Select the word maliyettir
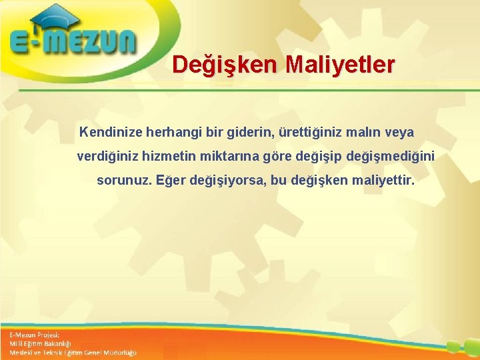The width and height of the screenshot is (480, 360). tap(378, 180)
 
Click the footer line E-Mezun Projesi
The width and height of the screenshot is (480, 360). tap(35, 334)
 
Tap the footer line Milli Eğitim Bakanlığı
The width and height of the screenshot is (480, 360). tap(41, 343)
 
